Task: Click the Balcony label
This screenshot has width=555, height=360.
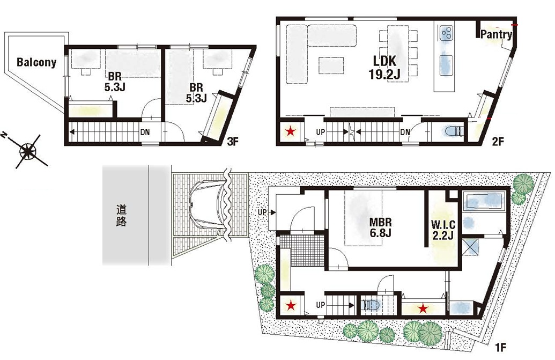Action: (36, 63)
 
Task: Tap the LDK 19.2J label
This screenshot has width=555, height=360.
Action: (384, 67)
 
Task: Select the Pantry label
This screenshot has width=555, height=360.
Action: (496, 34)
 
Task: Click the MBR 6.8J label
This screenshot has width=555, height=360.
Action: (381, 227)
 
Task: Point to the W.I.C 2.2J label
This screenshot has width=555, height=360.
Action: (443, 230)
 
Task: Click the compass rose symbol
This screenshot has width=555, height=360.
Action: (27, 150)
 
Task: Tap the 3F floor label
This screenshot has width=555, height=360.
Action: (233, 142)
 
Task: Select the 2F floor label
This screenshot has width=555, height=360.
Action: (497, 142)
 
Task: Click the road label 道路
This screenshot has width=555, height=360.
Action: (121, 216)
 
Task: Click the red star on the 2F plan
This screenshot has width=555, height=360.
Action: (291, 132)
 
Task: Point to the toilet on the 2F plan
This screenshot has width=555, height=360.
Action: (454, 131)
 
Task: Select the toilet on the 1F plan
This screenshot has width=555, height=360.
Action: (371, 305)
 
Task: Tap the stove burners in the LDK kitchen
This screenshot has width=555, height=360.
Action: (446, 33)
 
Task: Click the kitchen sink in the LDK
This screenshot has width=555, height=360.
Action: (446, 65)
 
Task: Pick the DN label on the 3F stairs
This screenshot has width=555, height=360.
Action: (145, 133)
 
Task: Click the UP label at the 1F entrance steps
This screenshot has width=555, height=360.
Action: (262, 212)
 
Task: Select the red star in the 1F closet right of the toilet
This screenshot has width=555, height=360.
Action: (423, 309)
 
